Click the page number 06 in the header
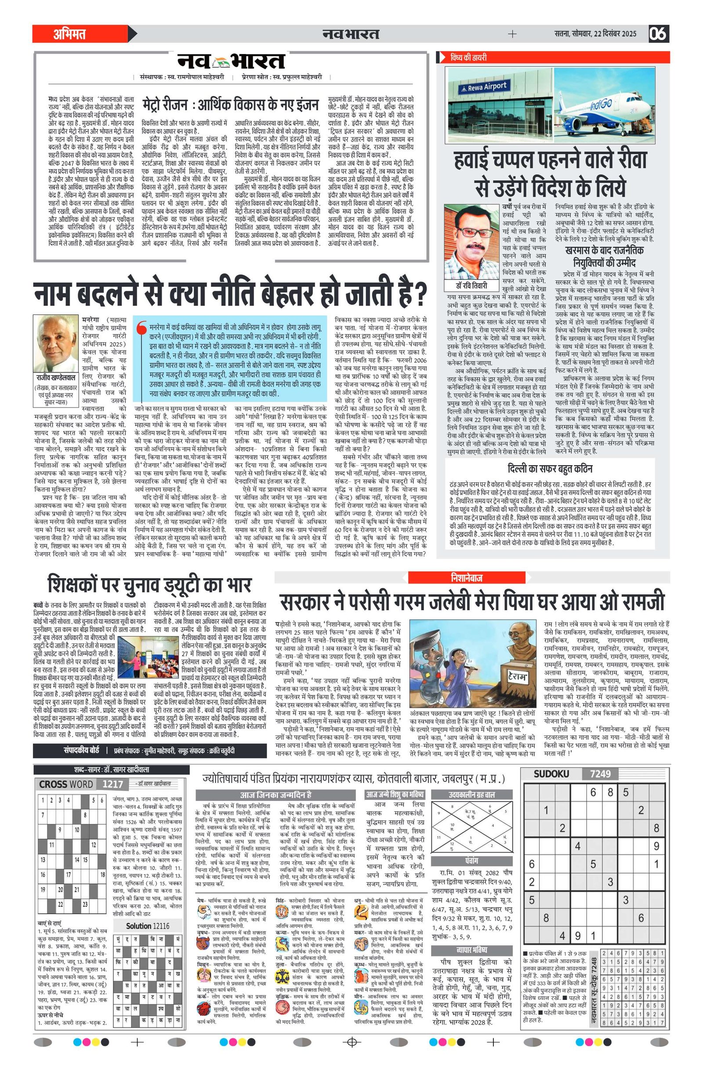(658, 34)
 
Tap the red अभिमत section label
(69, 34)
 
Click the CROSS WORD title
(66, 784)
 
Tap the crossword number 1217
(112, 784)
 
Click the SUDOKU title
(551, 774)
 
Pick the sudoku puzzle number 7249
(600, 774)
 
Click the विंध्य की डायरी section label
(468, 58)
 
